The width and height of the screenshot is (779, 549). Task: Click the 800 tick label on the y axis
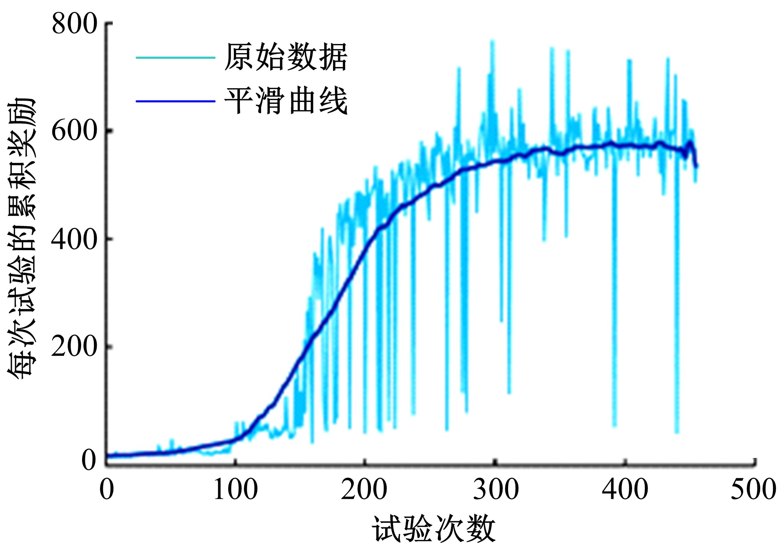[x=75, y=24]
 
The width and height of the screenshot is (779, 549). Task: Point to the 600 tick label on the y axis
[x=75, y=131]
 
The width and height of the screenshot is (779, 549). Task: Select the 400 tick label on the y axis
[x=75, y=239]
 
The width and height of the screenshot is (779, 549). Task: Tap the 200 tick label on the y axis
[x=75, y=347]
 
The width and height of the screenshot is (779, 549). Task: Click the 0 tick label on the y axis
[x=89, y=460]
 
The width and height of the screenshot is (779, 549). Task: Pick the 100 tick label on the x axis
[x=236, y=489]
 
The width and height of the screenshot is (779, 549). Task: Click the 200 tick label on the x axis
[x=364, y=489]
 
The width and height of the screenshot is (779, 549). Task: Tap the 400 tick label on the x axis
[x=625, y=489]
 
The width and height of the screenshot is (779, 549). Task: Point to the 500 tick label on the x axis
[x=753, y=489]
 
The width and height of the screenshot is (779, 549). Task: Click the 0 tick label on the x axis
[x=107, y=489]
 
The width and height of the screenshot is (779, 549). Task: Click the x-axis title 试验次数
[x=433, y=529]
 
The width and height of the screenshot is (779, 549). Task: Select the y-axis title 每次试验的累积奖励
[x=21, y=239]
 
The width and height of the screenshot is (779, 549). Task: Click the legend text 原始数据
[x=286, y=57]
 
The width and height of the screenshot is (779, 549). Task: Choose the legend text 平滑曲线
[x=286, y=101]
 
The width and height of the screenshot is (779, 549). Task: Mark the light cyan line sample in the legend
[x=175, y=58]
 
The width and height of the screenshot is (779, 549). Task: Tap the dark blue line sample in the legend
[x=175, y=101]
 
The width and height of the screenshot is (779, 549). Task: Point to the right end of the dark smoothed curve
[x=697, y=166]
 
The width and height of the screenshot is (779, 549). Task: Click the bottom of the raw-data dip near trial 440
[x=677, y=432]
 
